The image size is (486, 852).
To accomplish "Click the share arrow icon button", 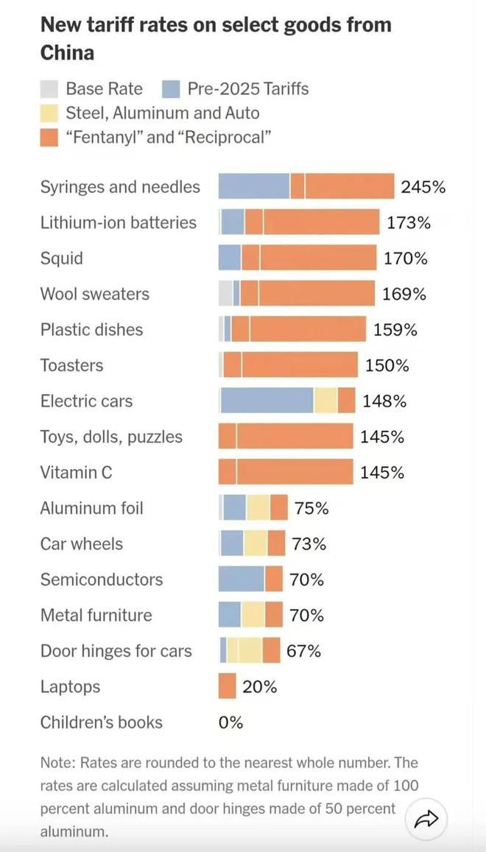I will [426, 818].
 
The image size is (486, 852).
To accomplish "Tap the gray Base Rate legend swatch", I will [49, 89].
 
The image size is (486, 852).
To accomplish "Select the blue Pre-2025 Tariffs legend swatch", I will [171, 89].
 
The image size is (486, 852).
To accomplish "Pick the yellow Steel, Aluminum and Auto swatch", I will [49, 113].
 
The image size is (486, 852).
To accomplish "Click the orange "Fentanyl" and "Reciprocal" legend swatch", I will [49, 137].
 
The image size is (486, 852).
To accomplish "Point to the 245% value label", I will [423, 187].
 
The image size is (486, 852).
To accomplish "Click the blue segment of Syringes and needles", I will [253, 187].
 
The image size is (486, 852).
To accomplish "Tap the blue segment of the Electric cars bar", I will [267, 401].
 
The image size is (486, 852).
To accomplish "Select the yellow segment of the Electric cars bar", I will [325, 401].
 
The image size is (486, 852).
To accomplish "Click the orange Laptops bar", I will [228, 686].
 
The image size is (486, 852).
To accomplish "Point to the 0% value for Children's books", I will [230, 722].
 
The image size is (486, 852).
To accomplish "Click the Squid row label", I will [62, 258].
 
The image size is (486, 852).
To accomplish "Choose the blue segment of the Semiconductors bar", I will [242, 580].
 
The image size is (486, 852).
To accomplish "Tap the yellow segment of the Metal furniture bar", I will [253, 615].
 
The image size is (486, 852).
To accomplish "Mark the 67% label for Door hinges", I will [303, 651].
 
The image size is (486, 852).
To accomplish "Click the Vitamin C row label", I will [77, 472].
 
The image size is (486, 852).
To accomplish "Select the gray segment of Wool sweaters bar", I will [225, 294].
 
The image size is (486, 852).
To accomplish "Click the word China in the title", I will [67, 53].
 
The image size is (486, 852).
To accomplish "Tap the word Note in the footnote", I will [57, 762].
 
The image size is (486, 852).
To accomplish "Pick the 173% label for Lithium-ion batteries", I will [409, 222].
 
